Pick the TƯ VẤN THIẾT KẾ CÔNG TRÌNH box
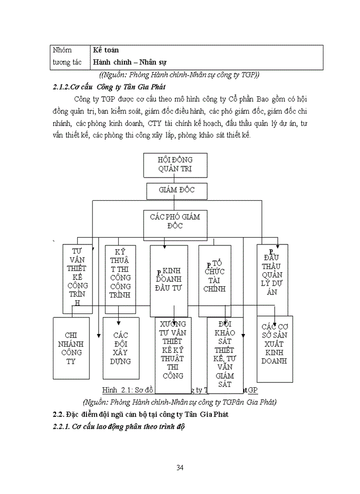point(77,278)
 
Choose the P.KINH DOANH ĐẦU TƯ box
point(169,280)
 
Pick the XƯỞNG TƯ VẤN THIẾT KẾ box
point(173,355)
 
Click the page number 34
point(180,467)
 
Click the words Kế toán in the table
point(106,50)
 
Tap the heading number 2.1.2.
point(65,86)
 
